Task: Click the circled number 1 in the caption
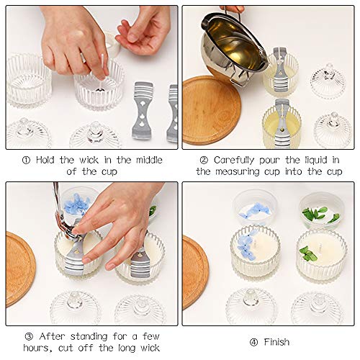[x=26, y=161]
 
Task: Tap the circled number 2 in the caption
[x=204, y=161]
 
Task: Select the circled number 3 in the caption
[x=29, y=336]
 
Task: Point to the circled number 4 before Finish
[x=253, y=342]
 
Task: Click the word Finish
[x=276, y=342]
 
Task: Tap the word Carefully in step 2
[x=234, y=161]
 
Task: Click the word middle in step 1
[x=149, y=160]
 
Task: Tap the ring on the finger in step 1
[x=83, y=58]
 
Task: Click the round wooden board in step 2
[x=211, y=110]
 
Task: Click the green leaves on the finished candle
[x=308, y=253]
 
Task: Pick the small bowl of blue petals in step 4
[x=255, y=207]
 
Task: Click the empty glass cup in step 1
[x=29, y=80]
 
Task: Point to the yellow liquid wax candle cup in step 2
[x=282, y=124]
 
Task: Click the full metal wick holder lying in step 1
[x=143, y=111]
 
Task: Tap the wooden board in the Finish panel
[x=195, y=272]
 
